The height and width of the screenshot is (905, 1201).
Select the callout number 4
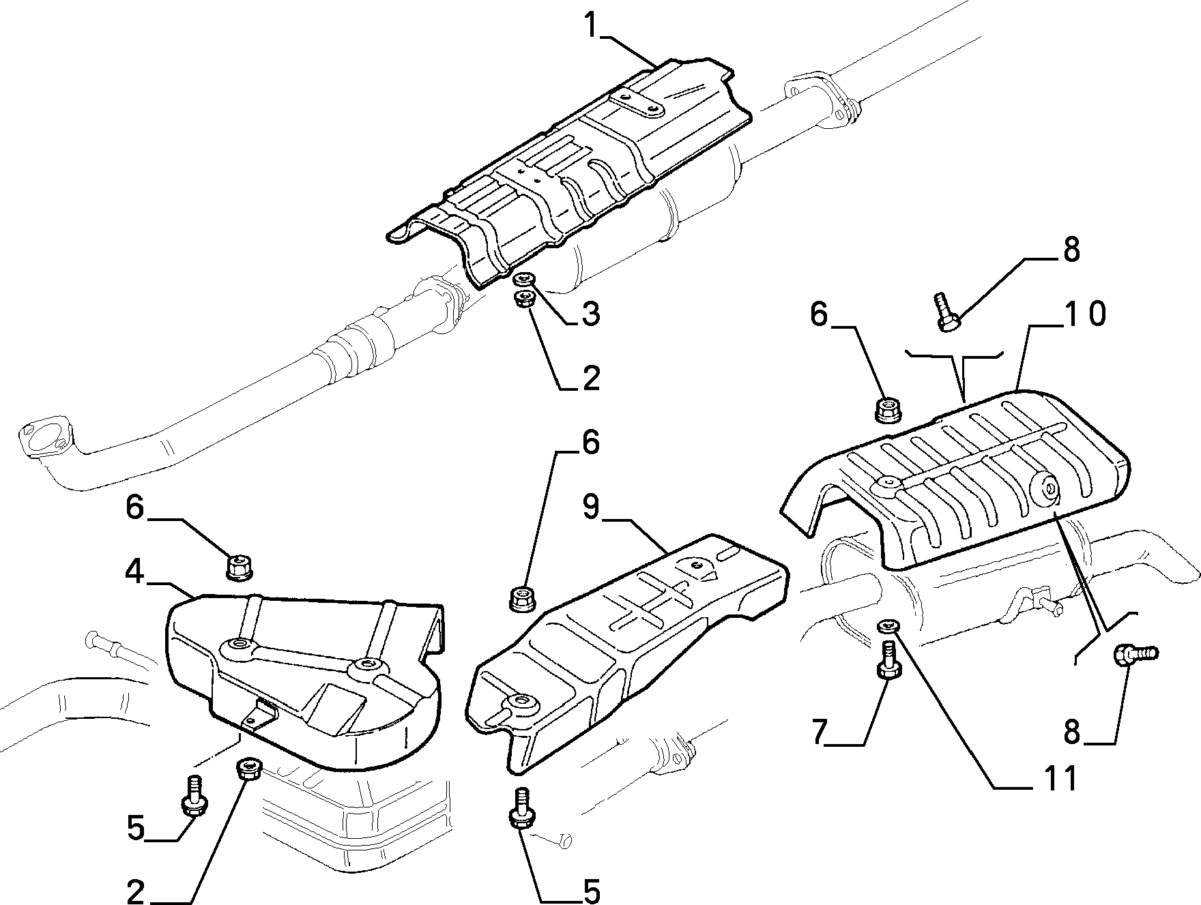pos(134,572)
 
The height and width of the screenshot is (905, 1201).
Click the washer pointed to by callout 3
pos(524,279)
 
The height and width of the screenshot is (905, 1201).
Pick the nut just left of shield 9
pos(522,599)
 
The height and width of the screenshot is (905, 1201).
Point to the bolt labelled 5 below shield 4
pos(192,795)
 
